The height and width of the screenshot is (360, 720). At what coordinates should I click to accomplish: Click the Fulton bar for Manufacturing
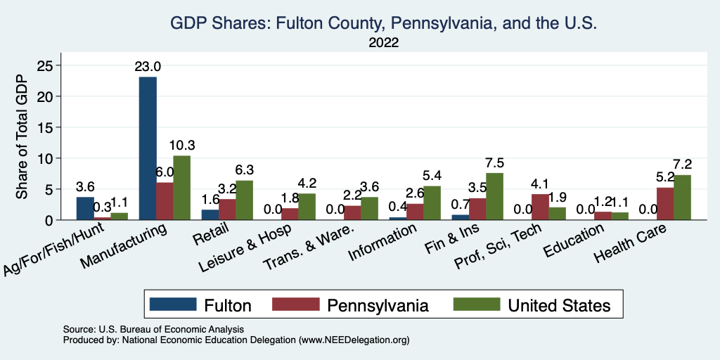(x=148, y=148)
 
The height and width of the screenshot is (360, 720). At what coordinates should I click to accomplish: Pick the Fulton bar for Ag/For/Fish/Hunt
(x=85, y=208)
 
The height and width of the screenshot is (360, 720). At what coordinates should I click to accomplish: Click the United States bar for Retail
(x=244, y=200)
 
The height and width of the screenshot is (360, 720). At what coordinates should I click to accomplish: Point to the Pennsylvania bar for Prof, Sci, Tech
(x=540, y=207)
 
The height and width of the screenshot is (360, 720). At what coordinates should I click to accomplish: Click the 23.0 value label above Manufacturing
(x=148, y=67)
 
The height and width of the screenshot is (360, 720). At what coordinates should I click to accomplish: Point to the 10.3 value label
(x=182, y=146)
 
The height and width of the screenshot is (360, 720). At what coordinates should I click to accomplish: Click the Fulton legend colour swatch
(x=173, y=304)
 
